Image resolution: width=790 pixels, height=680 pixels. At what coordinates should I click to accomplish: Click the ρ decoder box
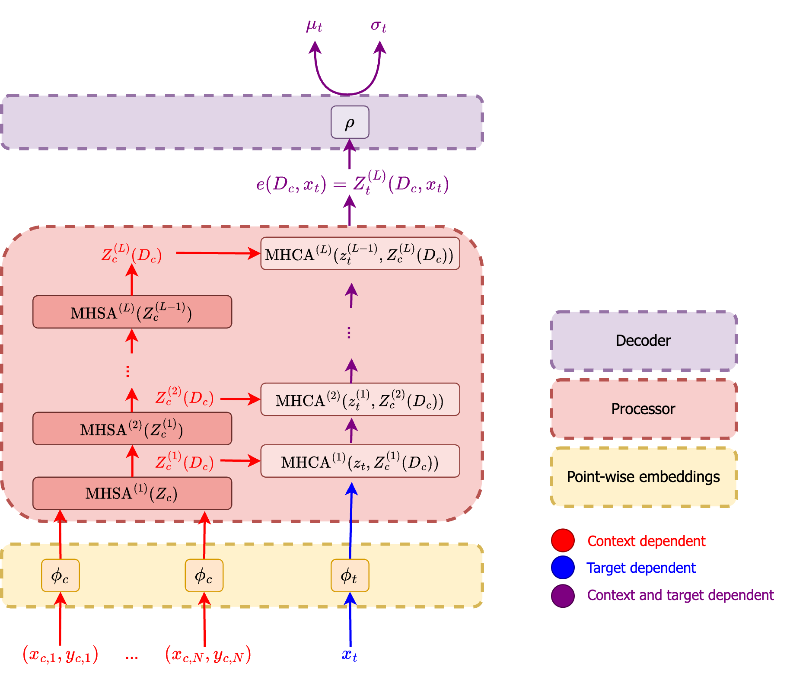pyautogui.click(x=350, y=122)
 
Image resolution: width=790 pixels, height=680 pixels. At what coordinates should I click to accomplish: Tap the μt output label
pyautogui.click(x=314, y=26)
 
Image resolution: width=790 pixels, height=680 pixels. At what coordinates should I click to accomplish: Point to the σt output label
pyautogui.click(x=379, y=26)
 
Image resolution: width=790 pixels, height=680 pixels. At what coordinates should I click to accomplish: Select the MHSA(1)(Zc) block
pyautogui.click(x=132, y=493)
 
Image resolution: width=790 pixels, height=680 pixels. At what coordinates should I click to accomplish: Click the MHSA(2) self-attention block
pyautogui.click(x=132, y=428)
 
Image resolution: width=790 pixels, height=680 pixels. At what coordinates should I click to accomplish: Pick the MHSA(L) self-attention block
pyautogui.click(x=132, y=312)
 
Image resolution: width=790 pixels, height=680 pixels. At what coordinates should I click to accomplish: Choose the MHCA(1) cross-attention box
pyautogui.click(x=360, y=461)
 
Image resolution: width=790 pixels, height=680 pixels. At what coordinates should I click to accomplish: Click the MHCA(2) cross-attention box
pyautogui.click(x=360, y=399)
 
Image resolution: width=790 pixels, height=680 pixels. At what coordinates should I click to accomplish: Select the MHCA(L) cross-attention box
pyautogui.click(x=360, y=254)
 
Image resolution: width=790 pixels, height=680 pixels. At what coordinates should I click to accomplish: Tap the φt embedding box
pyautogui.click(x=350, y=575)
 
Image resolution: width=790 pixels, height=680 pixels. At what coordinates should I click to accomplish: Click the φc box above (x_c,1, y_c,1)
pyautogui.click(x=61, y=575)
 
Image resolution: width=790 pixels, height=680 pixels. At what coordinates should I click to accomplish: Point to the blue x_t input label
pyautogui.click(x=350, y=655)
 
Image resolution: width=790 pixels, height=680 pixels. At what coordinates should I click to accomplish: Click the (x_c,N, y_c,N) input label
pyautogui.click(x=208, y=654)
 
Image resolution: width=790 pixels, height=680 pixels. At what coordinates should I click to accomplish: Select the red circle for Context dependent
pyautogui.click(x=563, y=540)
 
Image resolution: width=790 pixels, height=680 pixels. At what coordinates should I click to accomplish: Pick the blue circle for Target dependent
pyautogui.click(x=563, y=568)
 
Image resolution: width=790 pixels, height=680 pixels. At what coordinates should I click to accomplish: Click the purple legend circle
pyautogui.click(x=563, y=596)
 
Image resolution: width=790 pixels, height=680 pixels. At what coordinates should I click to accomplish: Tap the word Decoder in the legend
pyautogui.click(x=643, y=341)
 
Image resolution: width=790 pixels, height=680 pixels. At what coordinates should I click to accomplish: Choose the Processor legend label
pyautogui.click(x=643, y=409)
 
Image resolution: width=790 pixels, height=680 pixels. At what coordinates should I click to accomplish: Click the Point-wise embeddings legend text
pyautogui.click(x=643, y=477)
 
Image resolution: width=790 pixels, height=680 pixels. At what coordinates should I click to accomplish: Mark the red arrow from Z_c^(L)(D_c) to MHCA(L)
pyautogui.click(x=218, y=253)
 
